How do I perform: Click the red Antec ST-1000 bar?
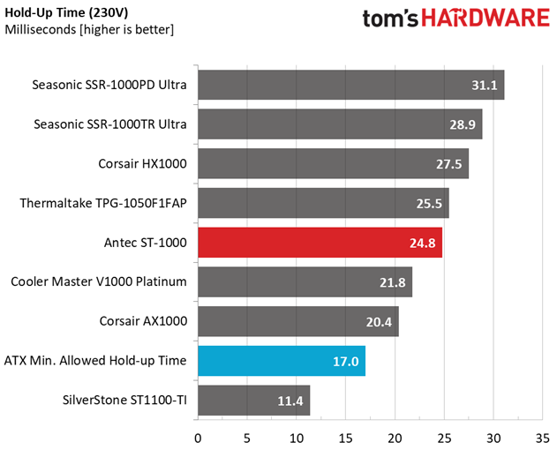click(320, 243)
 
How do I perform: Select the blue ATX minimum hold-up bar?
click(282, 361)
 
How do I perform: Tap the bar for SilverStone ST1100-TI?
click(254, 401)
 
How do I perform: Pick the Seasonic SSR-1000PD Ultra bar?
click(351, 85)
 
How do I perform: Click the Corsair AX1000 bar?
click(298, 321)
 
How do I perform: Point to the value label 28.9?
click(463, 124)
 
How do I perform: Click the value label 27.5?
click(449, 164)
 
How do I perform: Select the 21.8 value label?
click(393, 282)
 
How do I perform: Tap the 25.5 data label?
click(429, 204)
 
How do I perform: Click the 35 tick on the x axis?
click(543, 439)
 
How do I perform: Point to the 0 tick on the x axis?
click(198, 439)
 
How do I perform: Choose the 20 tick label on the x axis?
click(395, 439)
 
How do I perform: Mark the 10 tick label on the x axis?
click(297, 439)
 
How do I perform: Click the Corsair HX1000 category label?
click(142, 164)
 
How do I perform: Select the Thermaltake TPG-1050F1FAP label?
click(103, 203)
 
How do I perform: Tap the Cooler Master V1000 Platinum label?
click(99, 281)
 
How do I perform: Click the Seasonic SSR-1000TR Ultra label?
click(110, 124)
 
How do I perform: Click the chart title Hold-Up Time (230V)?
click(66, 12)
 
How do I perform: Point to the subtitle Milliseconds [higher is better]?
click(89, 29)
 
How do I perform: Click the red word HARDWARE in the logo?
click(485, 19)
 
